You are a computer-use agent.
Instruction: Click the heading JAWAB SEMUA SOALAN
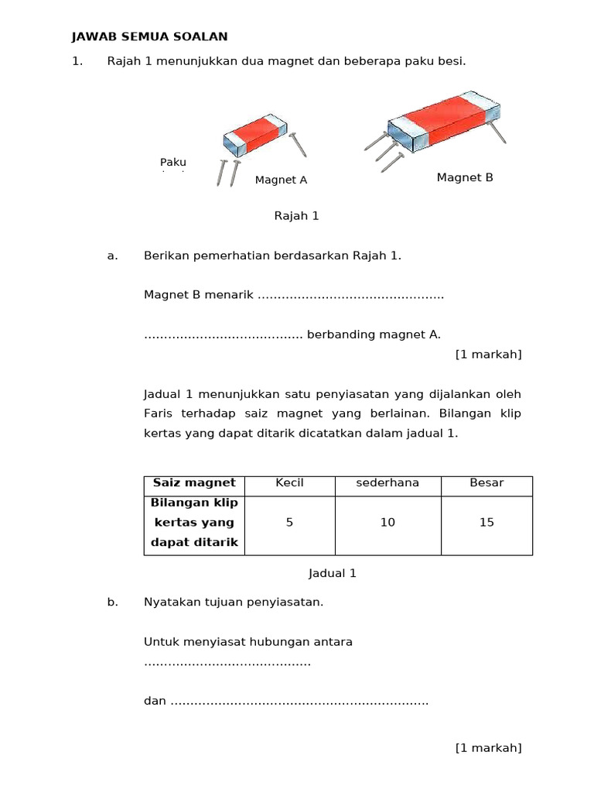149,36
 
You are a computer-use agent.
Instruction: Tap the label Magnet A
281,180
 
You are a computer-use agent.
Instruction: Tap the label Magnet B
464,177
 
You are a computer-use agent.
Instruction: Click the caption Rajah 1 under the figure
296,216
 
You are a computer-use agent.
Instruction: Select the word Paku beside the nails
173,162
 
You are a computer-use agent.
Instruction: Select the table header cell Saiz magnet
194,483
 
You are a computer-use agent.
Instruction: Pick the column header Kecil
289,483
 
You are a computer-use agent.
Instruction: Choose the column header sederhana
387,483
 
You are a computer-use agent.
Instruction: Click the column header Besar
486,483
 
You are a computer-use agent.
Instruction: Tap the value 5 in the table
289,523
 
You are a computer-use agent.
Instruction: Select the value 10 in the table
387,523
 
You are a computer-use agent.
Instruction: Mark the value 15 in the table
486,523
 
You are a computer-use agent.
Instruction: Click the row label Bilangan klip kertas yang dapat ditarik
194,523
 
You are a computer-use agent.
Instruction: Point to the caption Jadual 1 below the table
332,574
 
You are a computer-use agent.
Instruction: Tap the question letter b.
112,602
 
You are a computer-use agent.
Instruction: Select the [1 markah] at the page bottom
488,747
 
